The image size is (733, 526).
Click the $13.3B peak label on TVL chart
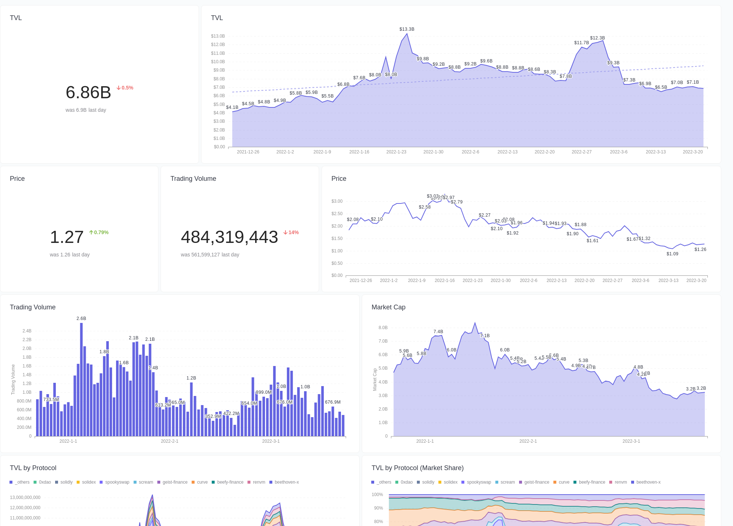[407, 29]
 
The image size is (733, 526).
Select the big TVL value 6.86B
[88, 92]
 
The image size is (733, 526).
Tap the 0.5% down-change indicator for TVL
[125, 88]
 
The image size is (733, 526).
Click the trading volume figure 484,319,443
[229, 237]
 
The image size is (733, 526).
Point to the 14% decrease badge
[291, 233]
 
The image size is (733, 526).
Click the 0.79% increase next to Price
[99, 233]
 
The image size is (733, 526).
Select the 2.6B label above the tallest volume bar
[81, 319]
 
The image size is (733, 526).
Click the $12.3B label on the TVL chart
[597, 38]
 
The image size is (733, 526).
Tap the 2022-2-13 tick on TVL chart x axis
[507, 152]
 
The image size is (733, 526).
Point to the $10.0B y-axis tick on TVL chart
[218, 62]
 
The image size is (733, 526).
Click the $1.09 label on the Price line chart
[672, 254]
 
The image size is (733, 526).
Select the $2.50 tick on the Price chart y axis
[337, 214]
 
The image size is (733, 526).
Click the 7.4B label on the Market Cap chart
[438, 332]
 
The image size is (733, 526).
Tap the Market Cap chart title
[388, 307]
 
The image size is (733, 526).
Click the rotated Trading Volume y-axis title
[13, 380]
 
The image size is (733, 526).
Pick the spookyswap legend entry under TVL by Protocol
[115, 482]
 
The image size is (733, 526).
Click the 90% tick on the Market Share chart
[379, 508]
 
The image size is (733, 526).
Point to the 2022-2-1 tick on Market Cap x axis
[528, 441]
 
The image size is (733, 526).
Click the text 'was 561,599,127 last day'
[210, 255]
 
